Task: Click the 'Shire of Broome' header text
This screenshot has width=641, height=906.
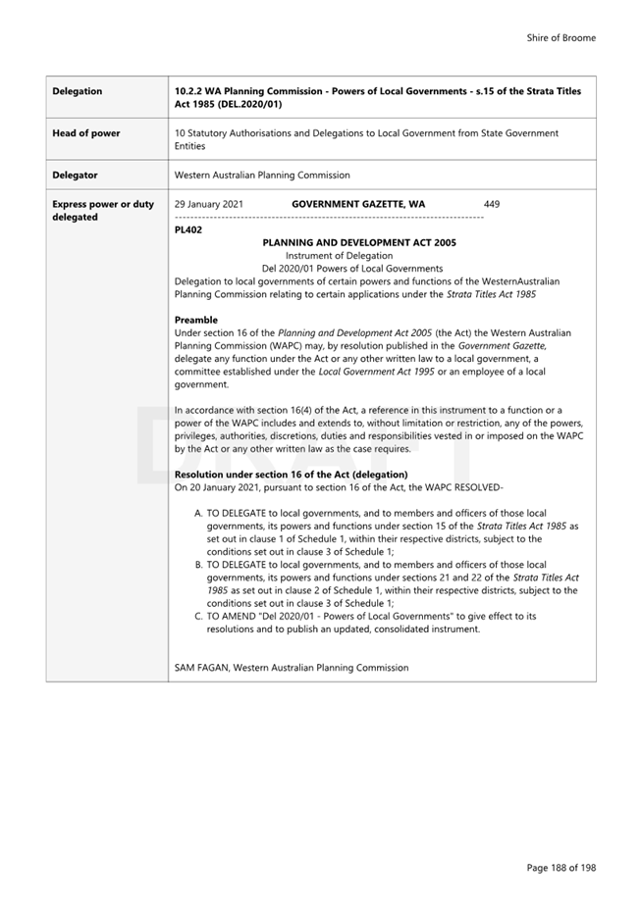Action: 561,38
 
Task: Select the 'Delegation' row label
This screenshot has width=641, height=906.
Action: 78,91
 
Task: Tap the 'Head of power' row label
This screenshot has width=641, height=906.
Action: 86,133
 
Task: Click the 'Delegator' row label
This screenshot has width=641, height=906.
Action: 75,176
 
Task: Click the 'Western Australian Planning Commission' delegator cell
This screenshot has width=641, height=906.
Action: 261,176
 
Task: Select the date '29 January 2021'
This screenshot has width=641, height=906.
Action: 209,205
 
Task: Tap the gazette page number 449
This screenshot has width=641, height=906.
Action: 492,205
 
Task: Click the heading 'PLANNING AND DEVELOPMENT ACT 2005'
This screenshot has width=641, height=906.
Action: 358,242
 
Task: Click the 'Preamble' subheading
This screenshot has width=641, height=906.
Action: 195,320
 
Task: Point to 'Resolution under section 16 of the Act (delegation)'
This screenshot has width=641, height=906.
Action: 291,475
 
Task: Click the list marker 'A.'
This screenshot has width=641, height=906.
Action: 198,513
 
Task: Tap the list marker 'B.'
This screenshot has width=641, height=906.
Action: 198,565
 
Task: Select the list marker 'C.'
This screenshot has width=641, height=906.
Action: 198,616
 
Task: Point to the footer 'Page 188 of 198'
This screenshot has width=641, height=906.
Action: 561,868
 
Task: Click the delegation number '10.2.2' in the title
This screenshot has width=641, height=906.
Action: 188,91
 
